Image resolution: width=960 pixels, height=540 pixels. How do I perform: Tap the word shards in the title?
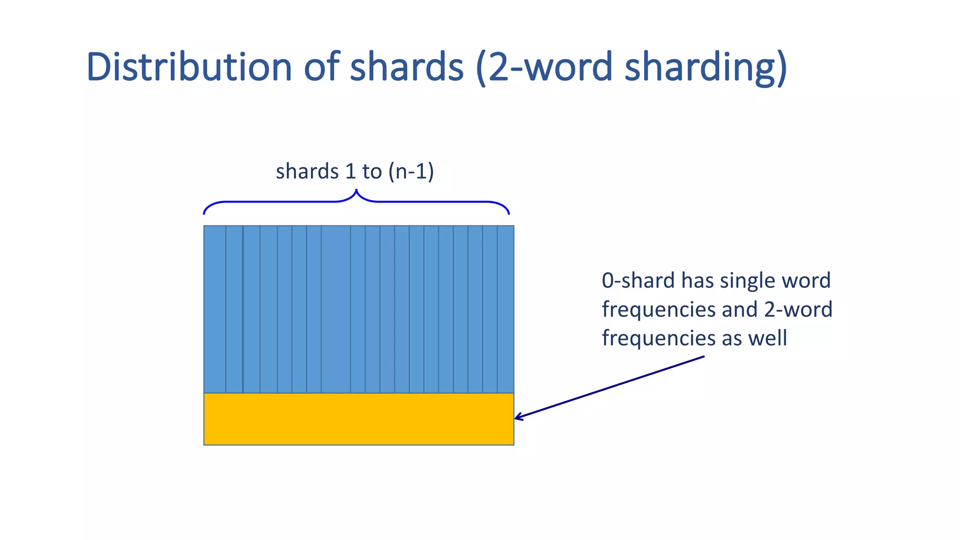[407, 67]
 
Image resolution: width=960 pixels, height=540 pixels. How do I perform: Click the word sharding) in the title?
[706, 67]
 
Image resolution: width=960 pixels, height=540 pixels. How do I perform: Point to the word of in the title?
[322, 67]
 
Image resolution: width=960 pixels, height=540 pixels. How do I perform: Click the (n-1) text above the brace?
[411, 172]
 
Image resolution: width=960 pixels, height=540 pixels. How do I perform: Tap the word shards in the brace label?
[307, 172]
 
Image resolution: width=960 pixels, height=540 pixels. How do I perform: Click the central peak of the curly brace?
[356, 191]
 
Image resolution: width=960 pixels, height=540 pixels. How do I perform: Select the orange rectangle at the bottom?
[359, 419]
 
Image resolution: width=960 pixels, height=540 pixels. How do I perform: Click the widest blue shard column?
[336, 309]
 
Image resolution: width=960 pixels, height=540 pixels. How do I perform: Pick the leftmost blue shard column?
[215, 309]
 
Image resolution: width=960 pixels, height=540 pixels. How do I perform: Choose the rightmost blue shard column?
[505, 309]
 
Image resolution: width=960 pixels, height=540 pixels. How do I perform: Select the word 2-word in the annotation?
[798, 310]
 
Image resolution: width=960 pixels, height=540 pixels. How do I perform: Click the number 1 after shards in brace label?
[350, 172]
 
